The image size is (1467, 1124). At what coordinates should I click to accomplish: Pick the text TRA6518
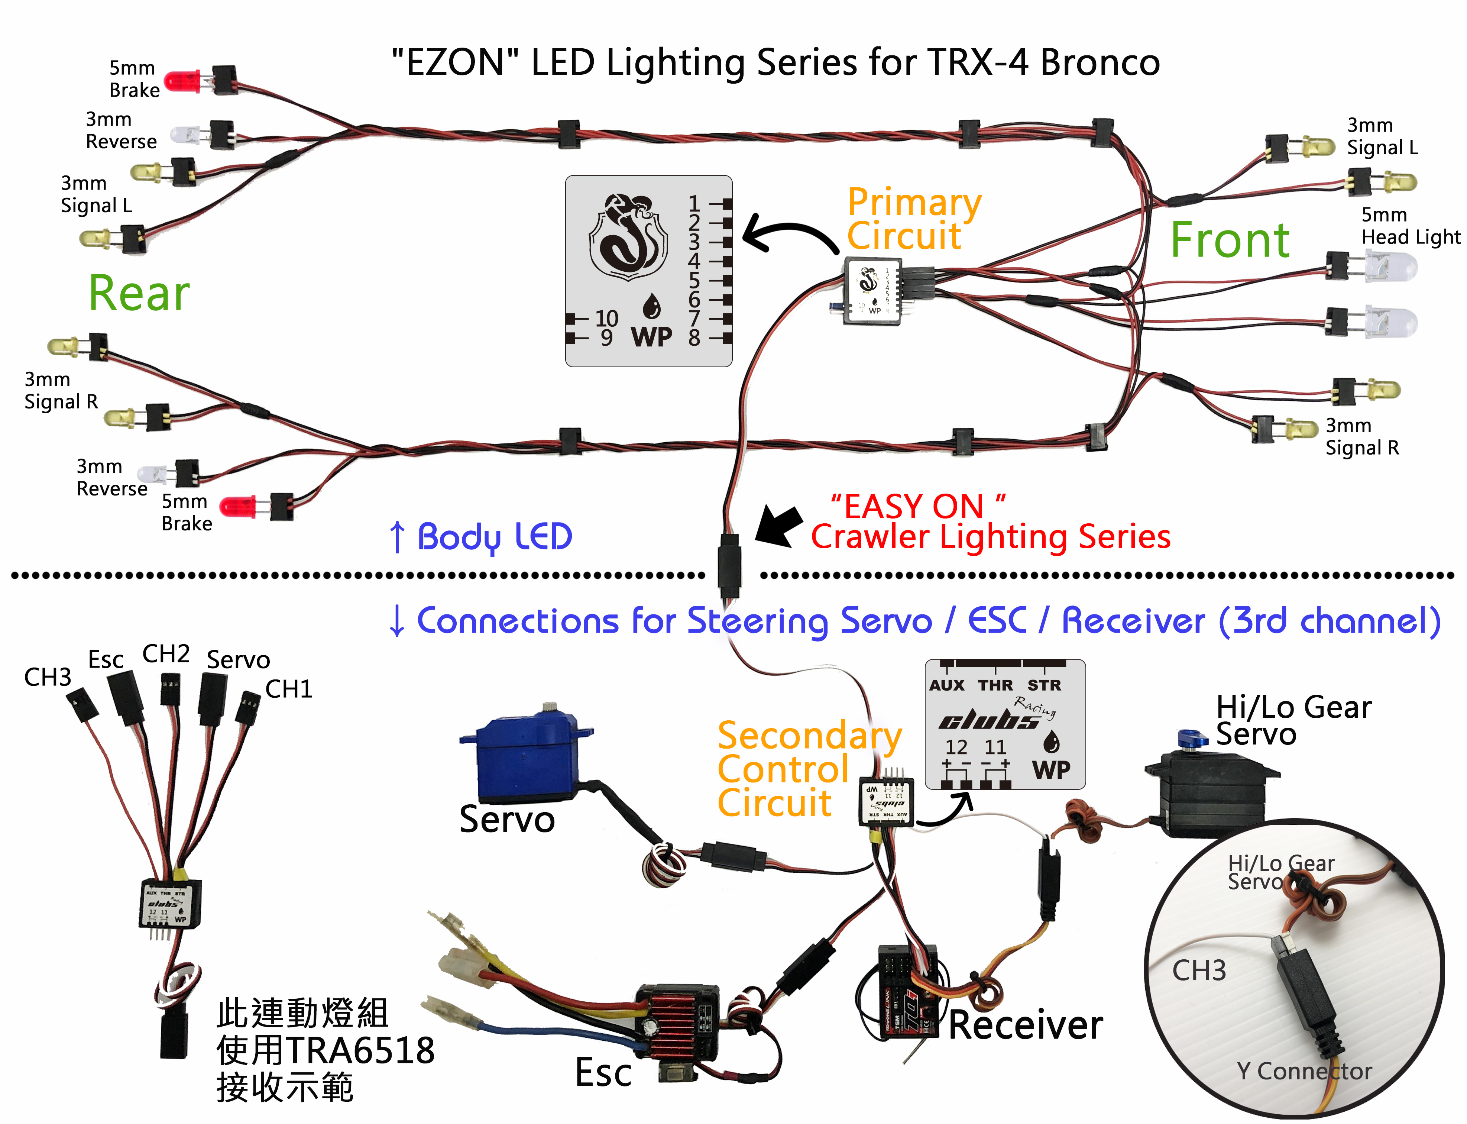point(361,1050)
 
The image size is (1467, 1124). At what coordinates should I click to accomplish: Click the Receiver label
point(1025,1026)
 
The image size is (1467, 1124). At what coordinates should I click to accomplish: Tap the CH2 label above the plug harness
point(166,654)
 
